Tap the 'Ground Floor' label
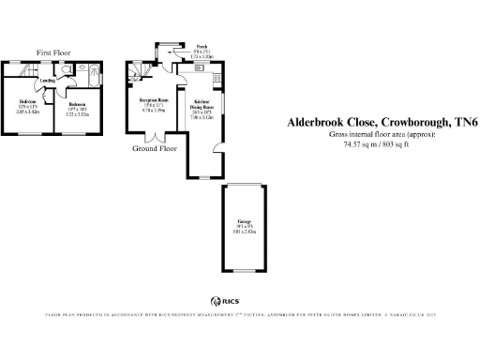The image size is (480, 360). point(154,148)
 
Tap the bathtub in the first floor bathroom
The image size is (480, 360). point(94,84)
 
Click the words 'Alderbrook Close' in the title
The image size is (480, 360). point(301,122)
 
